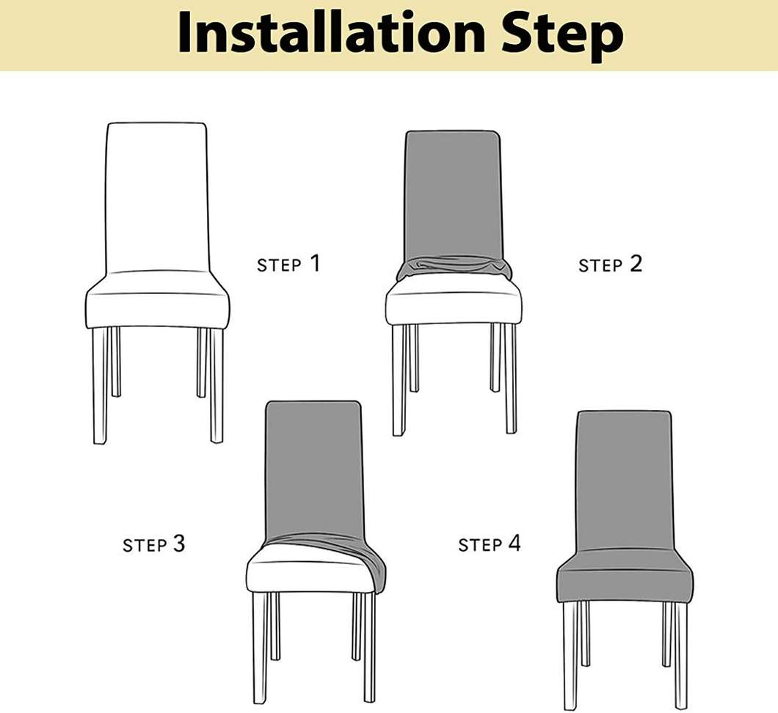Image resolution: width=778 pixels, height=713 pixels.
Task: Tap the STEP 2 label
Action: [x=610, y=264]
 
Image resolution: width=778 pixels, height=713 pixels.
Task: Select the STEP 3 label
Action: [x=154, y=544]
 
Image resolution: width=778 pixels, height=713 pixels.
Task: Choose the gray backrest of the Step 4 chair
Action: [x=625, y=484]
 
